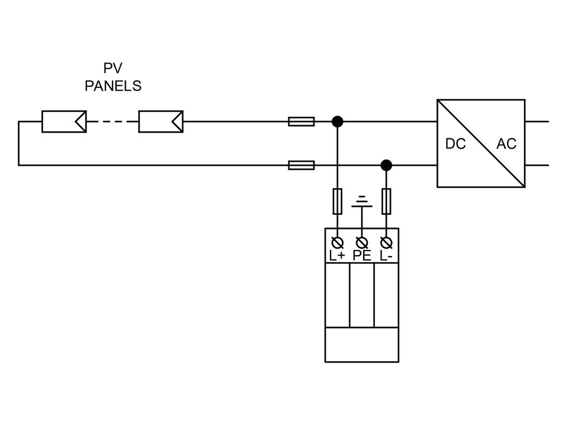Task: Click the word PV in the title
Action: (113, 68)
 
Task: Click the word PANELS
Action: (113, 86)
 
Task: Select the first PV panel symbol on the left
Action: (64, 121)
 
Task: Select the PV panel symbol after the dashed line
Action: (161, 121)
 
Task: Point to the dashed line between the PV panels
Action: (112, 121)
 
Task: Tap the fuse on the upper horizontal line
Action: (301, 121)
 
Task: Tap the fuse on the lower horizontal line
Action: (301, 165)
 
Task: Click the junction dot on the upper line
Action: (337, 121)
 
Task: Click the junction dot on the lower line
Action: (386, 165)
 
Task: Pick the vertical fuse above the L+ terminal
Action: (337, 201)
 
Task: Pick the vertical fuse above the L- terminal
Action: (386, 201)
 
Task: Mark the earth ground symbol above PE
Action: (362, 201)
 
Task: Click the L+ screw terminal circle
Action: (337, 242)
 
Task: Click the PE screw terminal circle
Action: (362, 242)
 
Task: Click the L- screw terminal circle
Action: (386, 242)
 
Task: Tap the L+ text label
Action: (337, 256)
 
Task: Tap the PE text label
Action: (362, 256)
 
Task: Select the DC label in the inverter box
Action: (455, 144)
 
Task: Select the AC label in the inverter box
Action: (506, 144)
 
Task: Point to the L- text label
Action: (386, 256)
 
